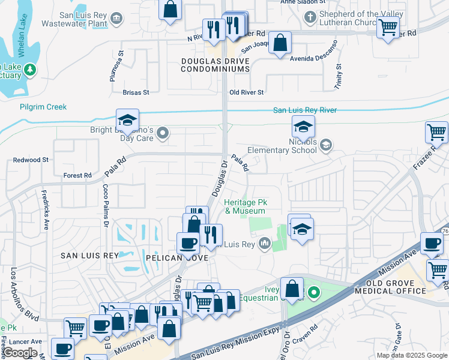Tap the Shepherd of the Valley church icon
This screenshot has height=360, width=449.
pos(310,17)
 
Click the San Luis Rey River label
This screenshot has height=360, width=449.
pos(305,110)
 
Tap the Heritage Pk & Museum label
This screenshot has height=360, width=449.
pos(245,207)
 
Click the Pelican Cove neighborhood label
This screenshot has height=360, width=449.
pos(176,257)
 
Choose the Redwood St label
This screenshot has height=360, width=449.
pos(31,160)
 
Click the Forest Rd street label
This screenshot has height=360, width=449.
pos(77,176)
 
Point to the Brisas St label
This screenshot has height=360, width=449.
pos(135,92)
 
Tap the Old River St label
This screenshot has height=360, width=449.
pos(247,92)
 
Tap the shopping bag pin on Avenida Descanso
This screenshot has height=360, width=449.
pos(280,43)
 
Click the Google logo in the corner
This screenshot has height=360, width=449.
pos(20,353)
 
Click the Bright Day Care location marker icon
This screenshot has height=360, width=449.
pos(161,135)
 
